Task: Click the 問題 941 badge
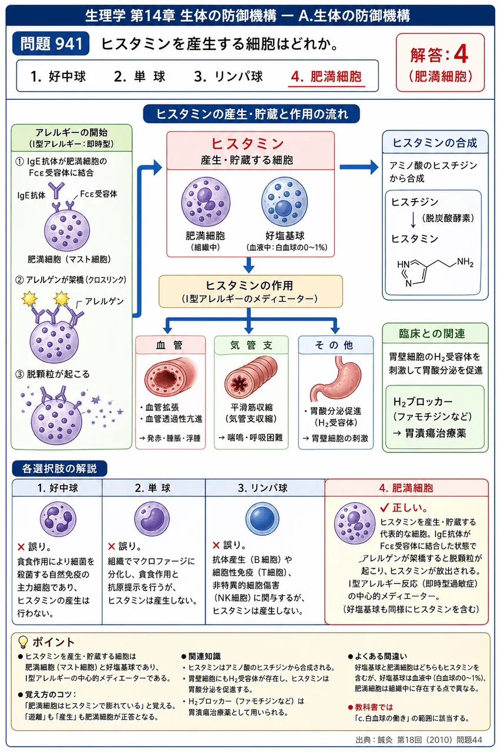pos(51,43)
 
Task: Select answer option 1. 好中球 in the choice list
pos(58,76)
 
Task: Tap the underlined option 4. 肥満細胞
pos(326,76)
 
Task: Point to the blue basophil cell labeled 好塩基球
pos(284,202)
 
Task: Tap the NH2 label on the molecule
pos(465,262)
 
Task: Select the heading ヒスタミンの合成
pos(435,143)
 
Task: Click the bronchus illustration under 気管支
pos(251,377)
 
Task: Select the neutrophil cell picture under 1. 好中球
pos(58,519)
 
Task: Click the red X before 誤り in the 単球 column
pos(112,546)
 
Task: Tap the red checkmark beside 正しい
pos(385,507)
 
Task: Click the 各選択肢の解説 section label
pos(59,468)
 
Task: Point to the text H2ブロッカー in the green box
pos(423,401)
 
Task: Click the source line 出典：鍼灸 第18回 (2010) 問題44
pos(419,740)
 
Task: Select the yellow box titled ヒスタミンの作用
pos(250,291)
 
